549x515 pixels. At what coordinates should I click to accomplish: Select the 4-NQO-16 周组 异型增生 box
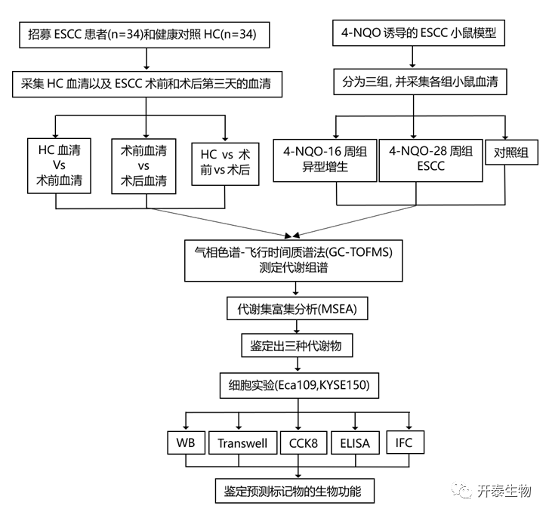tap(325, 159)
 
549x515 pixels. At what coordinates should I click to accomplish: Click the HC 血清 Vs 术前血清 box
tap(57, 160)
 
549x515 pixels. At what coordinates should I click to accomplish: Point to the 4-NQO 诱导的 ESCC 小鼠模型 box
tap(413, 33)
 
